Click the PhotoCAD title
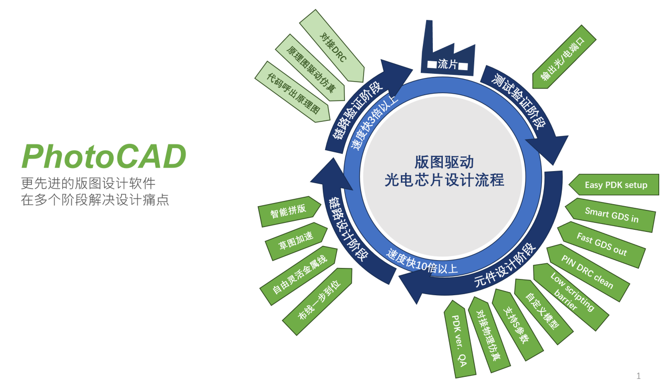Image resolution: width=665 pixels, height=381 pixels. [x=104, y=156]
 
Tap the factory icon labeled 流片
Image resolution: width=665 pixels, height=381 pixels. [x=447, y=53]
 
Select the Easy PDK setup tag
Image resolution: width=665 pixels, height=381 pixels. [x=616, y=185]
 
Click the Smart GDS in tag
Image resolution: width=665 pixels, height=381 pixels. [x=611, y=214]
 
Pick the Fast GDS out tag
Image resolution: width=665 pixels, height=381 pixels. [x=601, y=244]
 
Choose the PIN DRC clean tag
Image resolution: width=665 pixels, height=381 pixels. [x=587, y=272]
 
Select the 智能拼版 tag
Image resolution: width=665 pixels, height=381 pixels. [x=288, y=211]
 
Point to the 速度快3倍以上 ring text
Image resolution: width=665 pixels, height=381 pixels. [x=374, y=124]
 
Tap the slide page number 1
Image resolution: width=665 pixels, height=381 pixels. [x=638, y=375]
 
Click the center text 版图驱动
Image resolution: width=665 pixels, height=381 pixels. [x=444, y=161]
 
